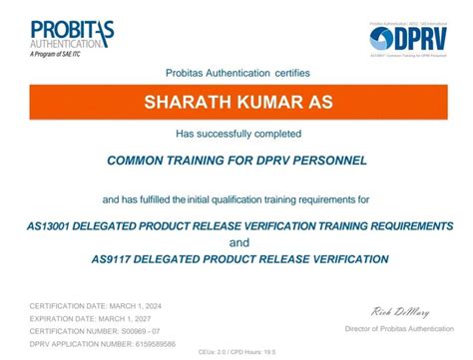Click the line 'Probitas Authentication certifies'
236,72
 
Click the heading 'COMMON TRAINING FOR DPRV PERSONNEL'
236,161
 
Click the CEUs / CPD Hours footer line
236,351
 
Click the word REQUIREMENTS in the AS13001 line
396,225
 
